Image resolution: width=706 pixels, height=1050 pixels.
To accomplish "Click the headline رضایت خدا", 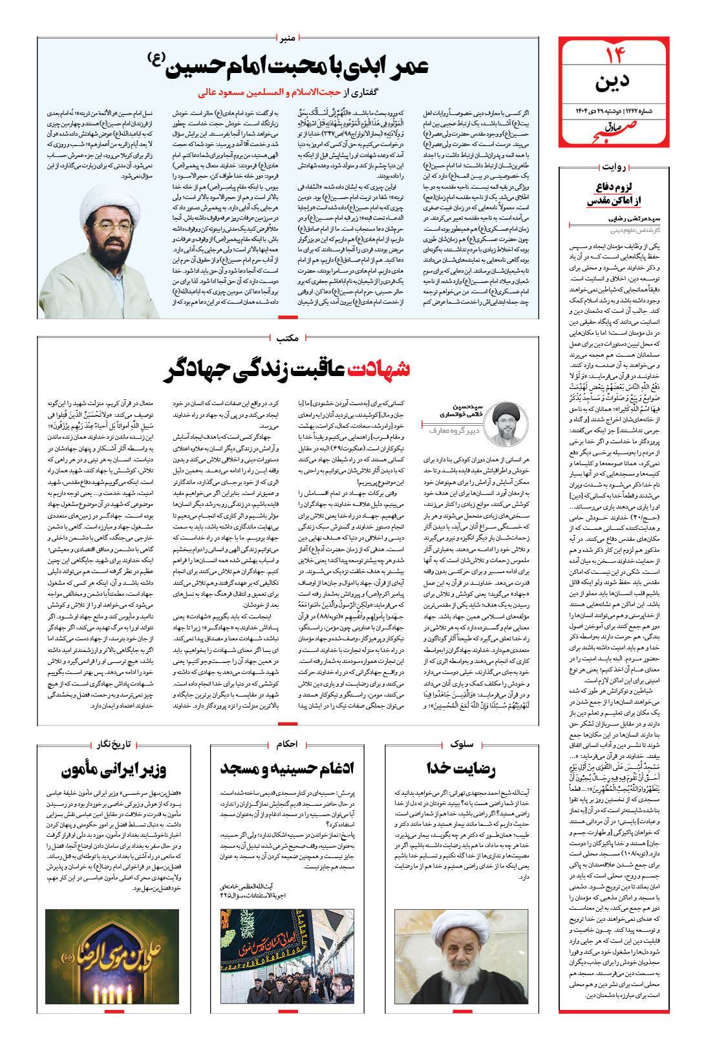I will (461, 769).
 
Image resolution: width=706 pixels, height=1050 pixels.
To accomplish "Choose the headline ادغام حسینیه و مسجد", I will (286, 769).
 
